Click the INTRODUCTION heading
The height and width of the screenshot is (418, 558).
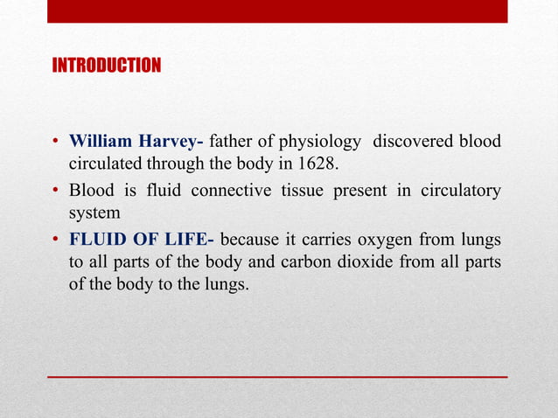pyautogui.click(x=107, y=66)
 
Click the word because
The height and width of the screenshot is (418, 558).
pyautogui.click(x=255, y=238)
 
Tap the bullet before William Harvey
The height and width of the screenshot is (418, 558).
pyautogui.click(x=55, y=143)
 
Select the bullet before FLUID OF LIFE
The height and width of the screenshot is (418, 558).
pyautogui.click(x=55, y=239)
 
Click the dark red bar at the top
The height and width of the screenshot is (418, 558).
pyautogui.click(x=278, y=11)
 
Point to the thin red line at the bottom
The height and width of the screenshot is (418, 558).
pyautogui.click(x=278, y=376)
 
